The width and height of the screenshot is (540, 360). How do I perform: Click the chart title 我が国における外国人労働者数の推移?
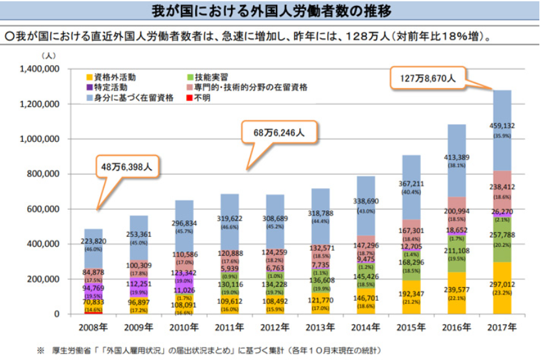270,12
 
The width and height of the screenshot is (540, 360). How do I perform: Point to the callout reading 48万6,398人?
128,167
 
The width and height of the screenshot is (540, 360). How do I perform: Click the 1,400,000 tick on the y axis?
40,69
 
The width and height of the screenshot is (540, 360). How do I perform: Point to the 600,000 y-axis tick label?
44,209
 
